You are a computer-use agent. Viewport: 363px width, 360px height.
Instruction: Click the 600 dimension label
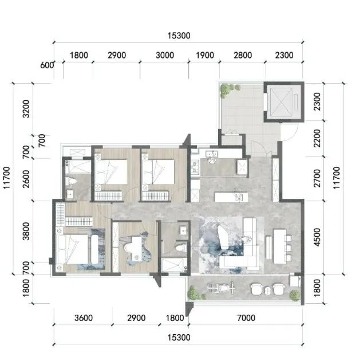[x=47, y=65]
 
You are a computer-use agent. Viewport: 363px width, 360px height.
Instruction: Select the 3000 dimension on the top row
[x=164, y=56]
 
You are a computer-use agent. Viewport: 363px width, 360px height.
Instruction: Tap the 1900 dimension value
[x=205, y=56]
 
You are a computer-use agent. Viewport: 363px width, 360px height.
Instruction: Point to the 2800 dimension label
[x=243, y=56]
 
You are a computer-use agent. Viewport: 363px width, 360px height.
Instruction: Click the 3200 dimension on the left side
[x=26, y=109]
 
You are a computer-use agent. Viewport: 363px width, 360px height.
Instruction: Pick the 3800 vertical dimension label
[x=26, y=232]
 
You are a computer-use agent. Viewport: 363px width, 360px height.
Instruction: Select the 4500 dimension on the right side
[x=317, y=237]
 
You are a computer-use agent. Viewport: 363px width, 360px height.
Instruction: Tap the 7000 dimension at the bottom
[x=246, y=318]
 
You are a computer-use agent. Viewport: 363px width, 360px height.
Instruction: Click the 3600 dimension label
[x=84, y=318]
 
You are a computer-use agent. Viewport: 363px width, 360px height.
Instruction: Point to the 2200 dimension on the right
[x=317, y=138]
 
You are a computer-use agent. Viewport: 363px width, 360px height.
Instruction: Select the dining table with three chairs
[x=282, y=246]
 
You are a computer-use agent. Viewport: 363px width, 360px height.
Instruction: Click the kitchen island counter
[x=231, y=197]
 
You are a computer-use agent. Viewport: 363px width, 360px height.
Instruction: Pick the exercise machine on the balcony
[x=222, y=288]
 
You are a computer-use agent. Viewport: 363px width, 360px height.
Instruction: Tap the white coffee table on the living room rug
[x=224, y=237]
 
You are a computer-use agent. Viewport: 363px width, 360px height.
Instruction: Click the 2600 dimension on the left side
[x=26, y=179]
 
